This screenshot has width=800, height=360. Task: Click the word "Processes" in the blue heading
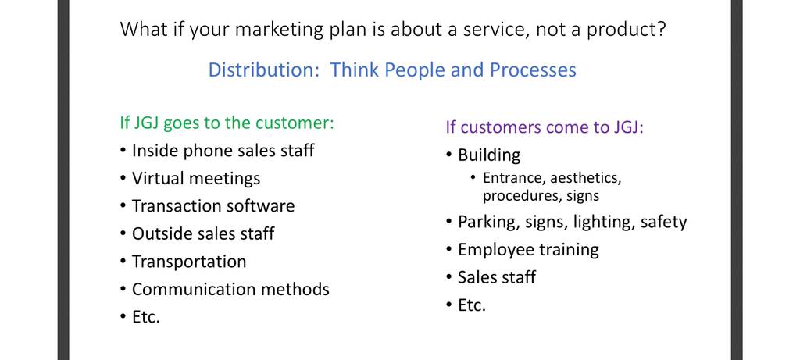pos(533,70)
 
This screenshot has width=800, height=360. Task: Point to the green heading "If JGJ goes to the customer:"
pos(227,123)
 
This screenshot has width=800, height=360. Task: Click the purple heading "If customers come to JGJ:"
pos(545,127)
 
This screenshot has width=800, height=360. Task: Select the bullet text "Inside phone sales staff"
pos(223,151)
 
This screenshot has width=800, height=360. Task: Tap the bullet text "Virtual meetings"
pos(196,179)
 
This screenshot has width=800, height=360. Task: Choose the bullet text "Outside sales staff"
pos(203,233)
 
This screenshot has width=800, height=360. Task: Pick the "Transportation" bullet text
pos(189,262)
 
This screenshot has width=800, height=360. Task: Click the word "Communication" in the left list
pos(195,289)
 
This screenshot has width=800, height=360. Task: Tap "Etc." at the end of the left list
pos(146,317)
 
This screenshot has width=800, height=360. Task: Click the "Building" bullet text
pos(489,155)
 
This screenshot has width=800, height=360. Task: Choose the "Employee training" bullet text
pos(528,250)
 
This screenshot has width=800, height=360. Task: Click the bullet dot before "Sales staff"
pos(448,277)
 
